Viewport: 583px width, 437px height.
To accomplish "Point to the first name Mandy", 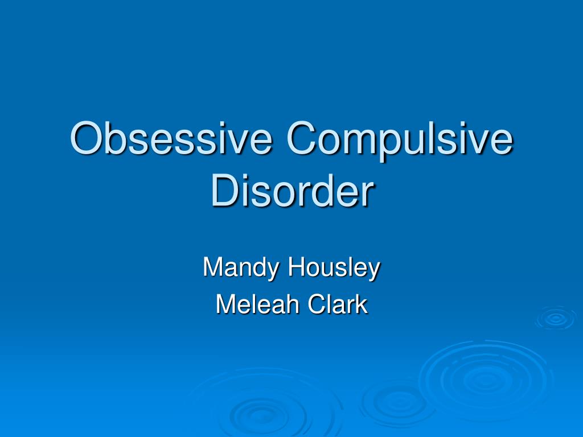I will [241, 267].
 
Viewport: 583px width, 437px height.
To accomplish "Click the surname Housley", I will [334, 267].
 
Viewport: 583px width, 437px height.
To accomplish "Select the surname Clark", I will [338, 304].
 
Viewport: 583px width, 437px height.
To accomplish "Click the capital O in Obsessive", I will [85, 139].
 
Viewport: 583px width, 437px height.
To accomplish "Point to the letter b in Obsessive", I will [114, 139].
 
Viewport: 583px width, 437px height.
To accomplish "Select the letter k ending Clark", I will [362, 304].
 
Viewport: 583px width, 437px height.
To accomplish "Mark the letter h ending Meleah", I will [292, 304].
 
